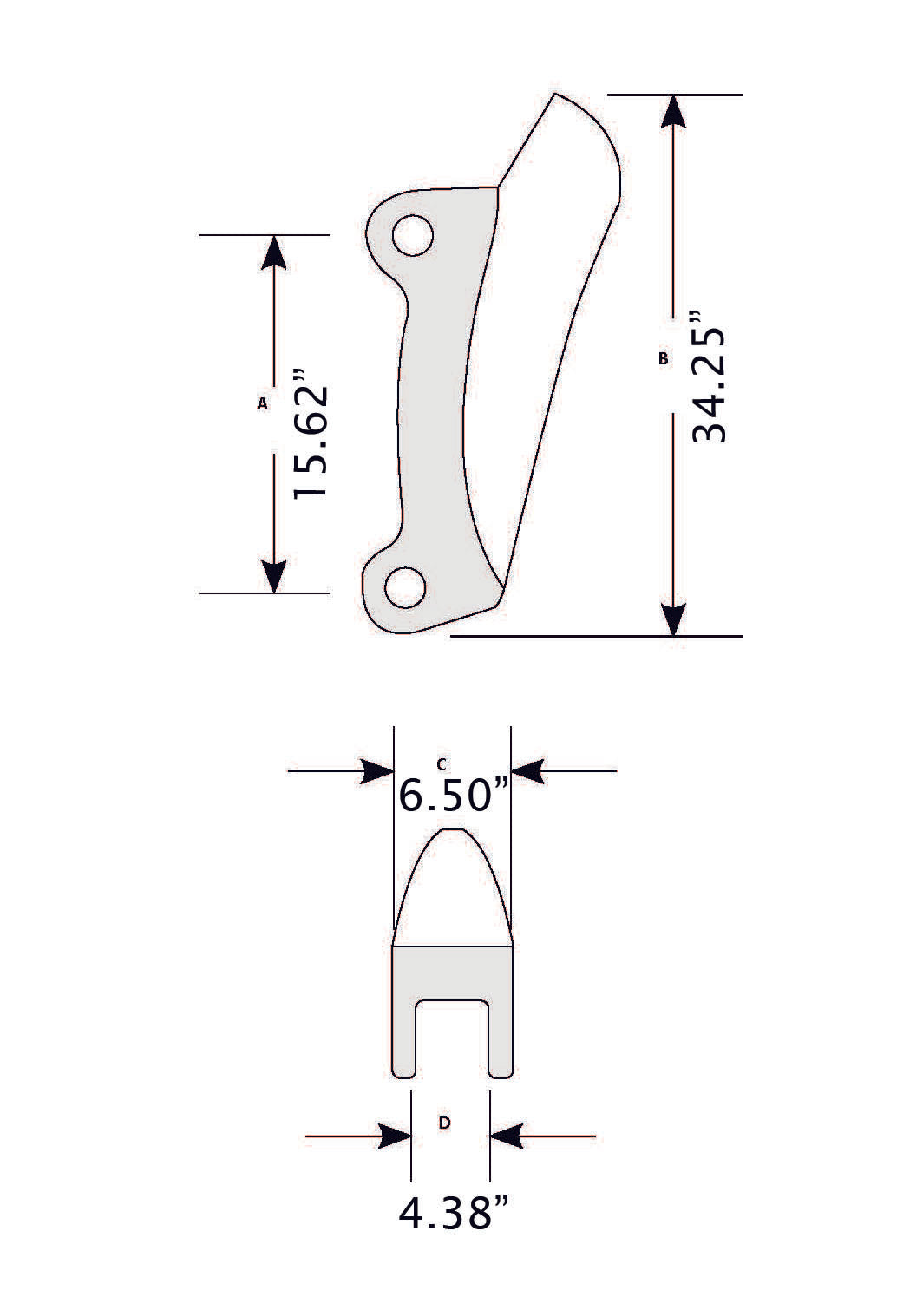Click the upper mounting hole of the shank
coord(412,235)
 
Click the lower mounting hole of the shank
coord(405,587)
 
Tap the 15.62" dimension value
coord(311,435)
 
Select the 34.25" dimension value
coord(709,385)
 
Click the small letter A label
coord(262,403)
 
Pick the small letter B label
coord(664,357)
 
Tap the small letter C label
coord(442,764)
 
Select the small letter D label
coord(444,1123)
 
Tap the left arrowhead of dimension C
coord(377,770)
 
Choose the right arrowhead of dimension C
coord(527,770)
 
